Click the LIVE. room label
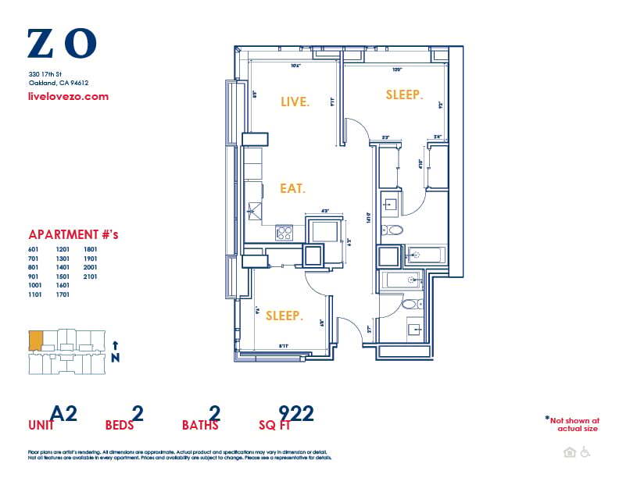pos(295,102)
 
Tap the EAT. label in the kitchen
pos(292,188)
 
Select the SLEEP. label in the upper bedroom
pos(404,95)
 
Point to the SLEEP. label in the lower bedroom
pos(284,316)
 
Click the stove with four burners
pos(284,232)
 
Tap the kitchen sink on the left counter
pos(253,209)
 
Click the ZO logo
pos(62,44)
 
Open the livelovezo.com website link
pos(68,97)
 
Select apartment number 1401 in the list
pos(63,267)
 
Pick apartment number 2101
pos(91,276)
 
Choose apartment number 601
pos(34,249)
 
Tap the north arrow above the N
pos(116,344)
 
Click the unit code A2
pos(63,413)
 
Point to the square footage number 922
pos(296,413)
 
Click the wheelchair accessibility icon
pos(585,452)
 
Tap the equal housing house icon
pos(570,452)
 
